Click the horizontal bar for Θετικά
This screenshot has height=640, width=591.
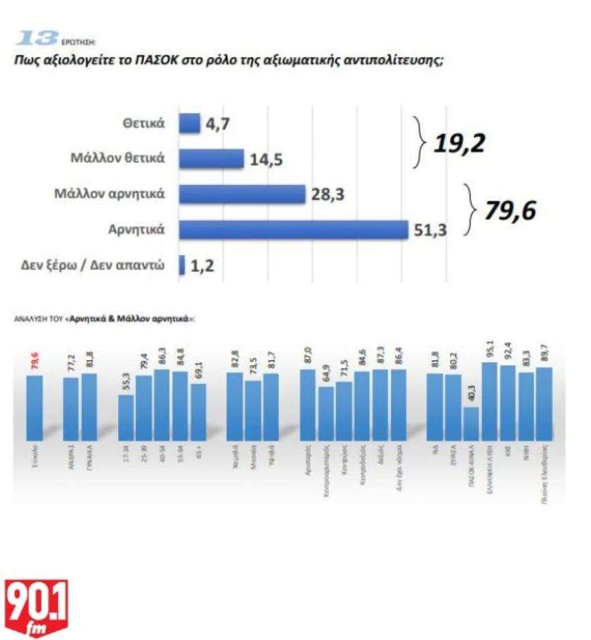pos(189,123)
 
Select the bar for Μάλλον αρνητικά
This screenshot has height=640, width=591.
pos(242,194)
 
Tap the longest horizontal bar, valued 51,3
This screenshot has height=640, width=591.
pos(294,230)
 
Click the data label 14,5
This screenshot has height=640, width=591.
pos(267,159)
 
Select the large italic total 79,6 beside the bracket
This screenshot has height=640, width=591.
pos(510,211)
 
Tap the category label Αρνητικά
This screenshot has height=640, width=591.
pos(136,230)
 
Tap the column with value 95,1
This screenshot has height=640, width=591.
pos(489,400)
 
